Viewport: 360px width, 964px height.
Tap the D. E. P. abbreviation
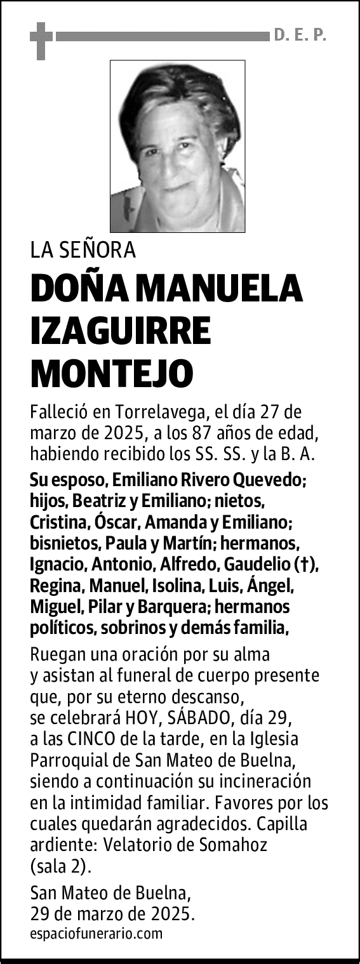[300, 36]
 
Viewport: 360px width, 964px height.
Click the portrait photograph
[178, 146]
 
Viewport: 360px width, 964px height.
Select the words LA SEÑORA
[83, 251]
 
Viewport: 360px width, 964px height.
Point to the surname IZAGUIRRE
[121, 331]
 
